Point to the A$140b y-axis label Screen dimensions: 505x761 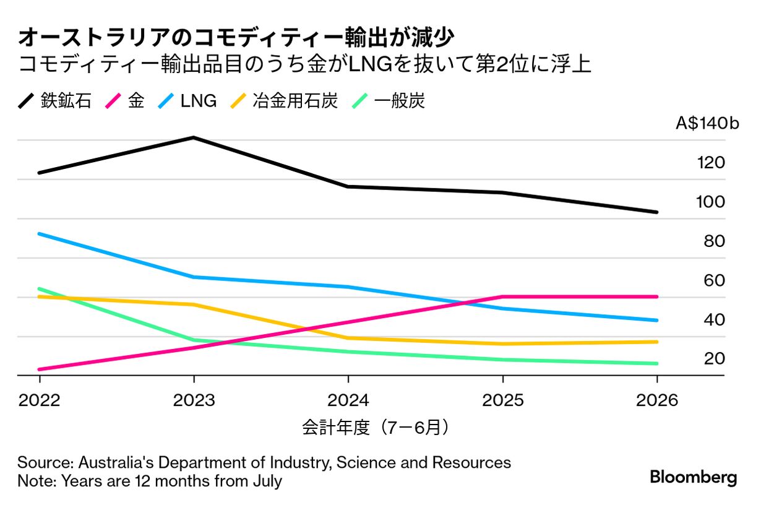(x=707, y=124)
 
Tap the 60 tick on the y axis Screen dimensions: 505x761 (x=714, y=280)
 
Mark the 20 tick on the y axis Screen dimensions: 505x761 (x=714, y=358)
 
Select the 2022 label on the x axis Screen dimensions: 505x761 (x=40, y=400)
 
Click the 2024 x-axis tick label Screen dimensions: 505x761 (x=348, y=400)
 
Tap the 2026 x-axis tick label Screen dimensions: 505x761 (x=657, y=400)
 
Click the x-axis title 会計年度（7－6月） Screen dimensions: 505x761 (x=375, y=427)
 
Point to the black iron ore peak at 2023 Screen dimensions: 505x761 (x=194, y=137)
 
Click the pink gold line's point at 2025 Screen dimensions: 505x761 (x=502, y=296)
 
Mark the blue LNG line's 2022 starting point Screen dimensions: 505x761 (x=40, y=234)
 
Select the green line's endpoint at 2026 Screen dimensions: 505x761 (x=656, y=363)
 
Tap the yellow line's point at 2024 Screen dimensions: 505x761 (x=348, y=338)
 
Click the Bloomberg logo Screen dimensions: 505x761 (x=693, y=477)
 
